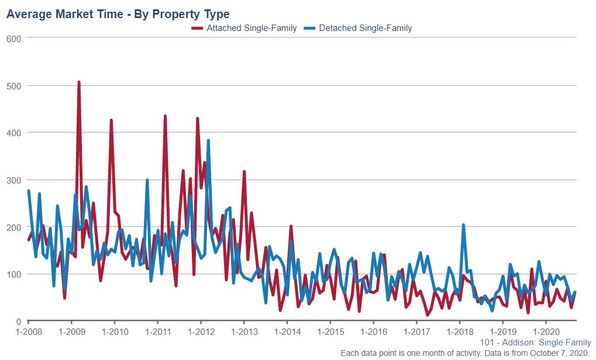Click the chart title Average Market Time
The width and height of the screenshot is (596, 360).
(x=118, y=13)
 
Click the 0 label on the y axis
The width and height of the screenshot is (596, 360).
(x=19, y=321)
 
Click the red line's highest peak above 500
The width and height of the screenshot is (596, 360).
(x=79, y=82)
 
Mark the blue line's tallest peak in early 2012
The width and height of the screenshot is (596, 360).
(x=208, y=141)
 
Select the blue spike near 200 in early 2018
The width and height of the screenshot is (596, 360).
(x=463, y=225)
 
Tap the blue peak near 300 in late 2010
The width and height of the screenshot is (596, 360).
(x=147, y=180)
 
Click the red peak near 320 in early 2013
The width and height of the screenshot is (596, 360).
(x=244, y=172)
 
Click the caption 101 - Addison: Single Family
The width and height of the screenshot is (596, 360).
(x=535, y=342)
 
